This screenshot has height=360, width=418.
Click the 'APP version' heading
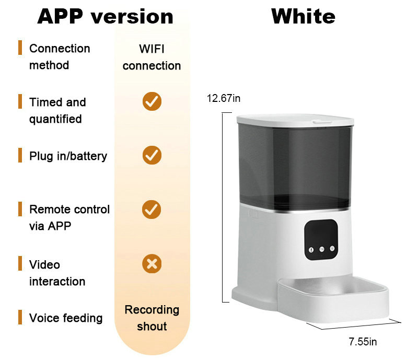(x=105, y=16)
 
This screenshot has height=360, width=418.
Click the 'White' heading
(x=303, y=16)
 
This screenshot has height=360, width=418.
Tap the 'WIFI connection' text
(x=152, y=57)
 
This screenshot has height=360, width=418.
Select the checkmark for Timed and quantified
(x=152, y=101)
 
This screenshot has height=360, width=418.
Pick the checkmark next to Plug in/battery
(x=152, y=155)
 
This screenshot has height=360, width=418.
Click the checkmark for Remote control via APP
(x=152, y=210)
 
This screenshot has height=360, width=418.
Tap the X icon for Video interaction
(x=152, y=263)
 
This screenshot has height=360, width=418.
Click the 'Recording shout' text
(x=152, y=318)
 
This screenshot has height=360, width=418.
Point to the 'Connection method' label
(x=59, y=56)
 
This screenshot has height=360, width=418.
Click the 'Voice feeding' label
(x=65, y=318)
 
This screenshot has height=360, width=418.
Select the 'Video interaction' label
(x=56, y=273)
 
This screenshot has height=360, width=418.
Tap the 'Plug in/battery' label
(x=68, y=156)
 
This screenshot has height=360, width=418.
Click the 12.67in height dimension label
(x=223, y=98)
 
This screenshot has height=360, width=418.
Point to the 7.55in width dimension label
(x=363, y=342)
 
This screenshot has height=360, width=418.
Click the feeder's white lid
(x=295, y=119)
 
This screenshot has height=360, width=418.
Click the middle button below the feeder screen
(x=321, y=250)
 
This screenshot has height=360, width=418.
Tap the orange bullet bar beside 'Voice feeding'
(x=20, y=317)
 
